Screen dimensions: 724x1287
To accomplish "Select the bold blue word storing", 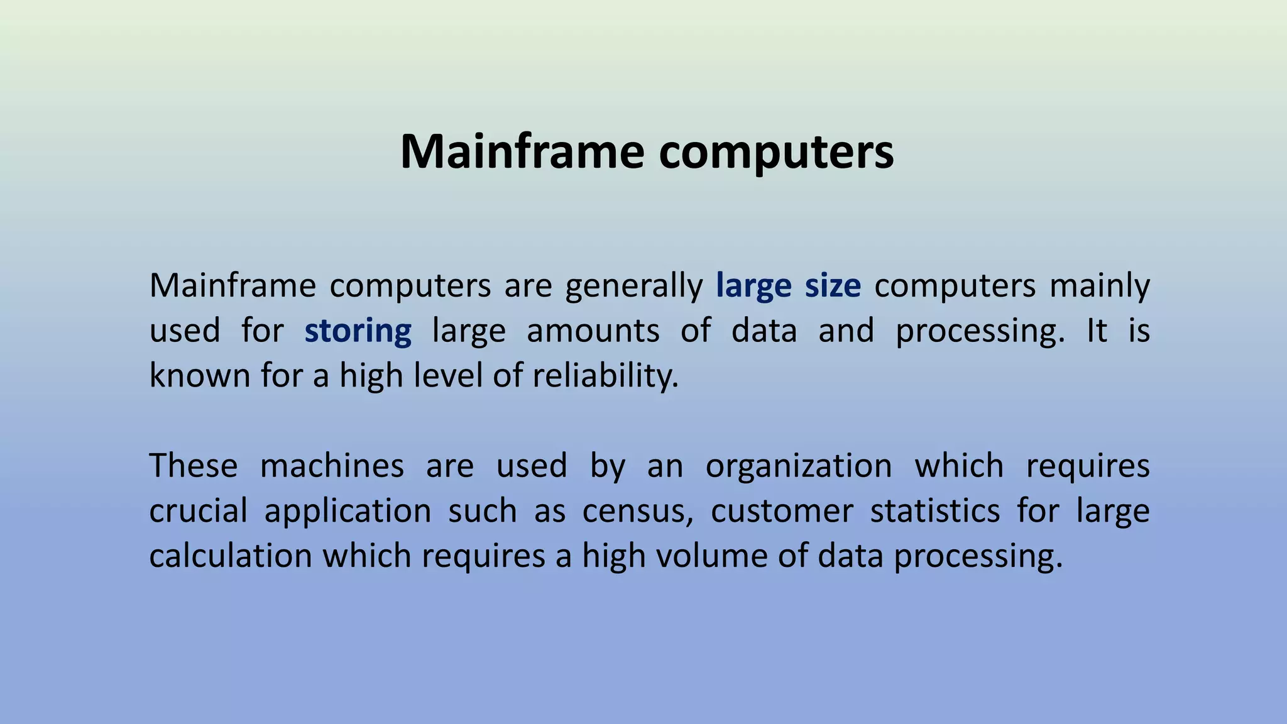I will [358, 331].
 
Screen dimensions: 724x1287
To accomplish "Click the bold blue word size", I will [833, 286].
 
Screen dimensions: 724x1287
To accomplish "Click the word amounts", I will [593, 331].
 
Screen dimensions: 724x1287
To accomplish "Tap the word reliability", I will [605, 376].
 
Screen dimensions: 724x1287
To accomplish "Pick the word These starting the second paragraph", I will [194, 466].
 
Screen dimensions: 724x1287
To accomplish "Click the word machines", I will [332, 466].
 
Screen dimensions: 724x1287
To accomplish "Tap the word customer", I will [781, 511].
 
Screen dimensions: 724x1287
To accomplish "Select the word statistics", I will [934, 511].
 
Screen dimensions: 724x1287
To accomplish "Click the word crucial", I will [198, 511].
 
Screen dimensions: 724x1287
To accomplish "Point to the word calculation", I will [231, 556].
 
